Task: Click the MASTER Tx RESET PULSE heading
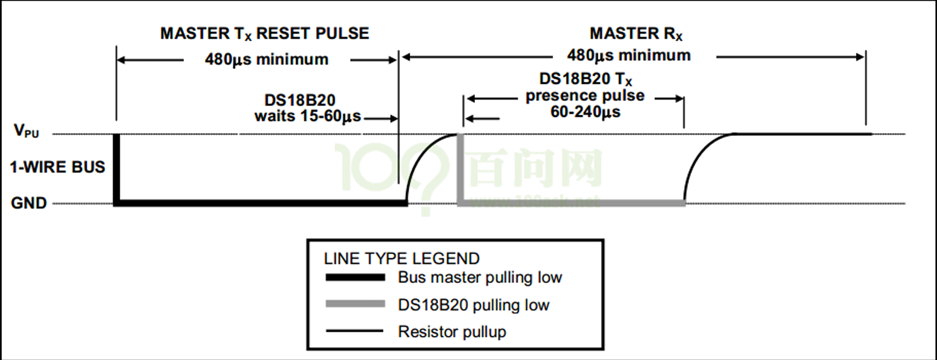tap(265, 33)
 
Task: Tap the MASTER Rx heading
tap(636, 33)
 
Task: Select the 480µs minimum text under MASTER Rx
tap(629, 55)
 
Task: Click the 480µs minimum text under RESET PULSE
tap(266, 60)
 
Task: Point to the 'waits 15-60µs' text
tap(308, 116)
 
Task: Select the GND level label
tap(29, 203)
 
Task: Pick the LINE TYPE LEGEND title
tap(402, 258)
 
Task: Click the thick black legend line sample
tap(354, 278)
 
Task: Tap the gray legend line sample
tap(354, 305)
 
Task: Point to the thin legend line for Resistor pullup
tap(354, 332)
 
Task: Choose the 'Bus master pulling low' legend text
tap(480, 278)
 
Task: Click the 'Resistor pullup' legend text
tap(452, 332)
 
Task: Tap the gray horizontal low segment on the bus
tap(572, 202)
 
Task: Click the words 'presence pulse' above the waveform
tap(585, 96)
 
